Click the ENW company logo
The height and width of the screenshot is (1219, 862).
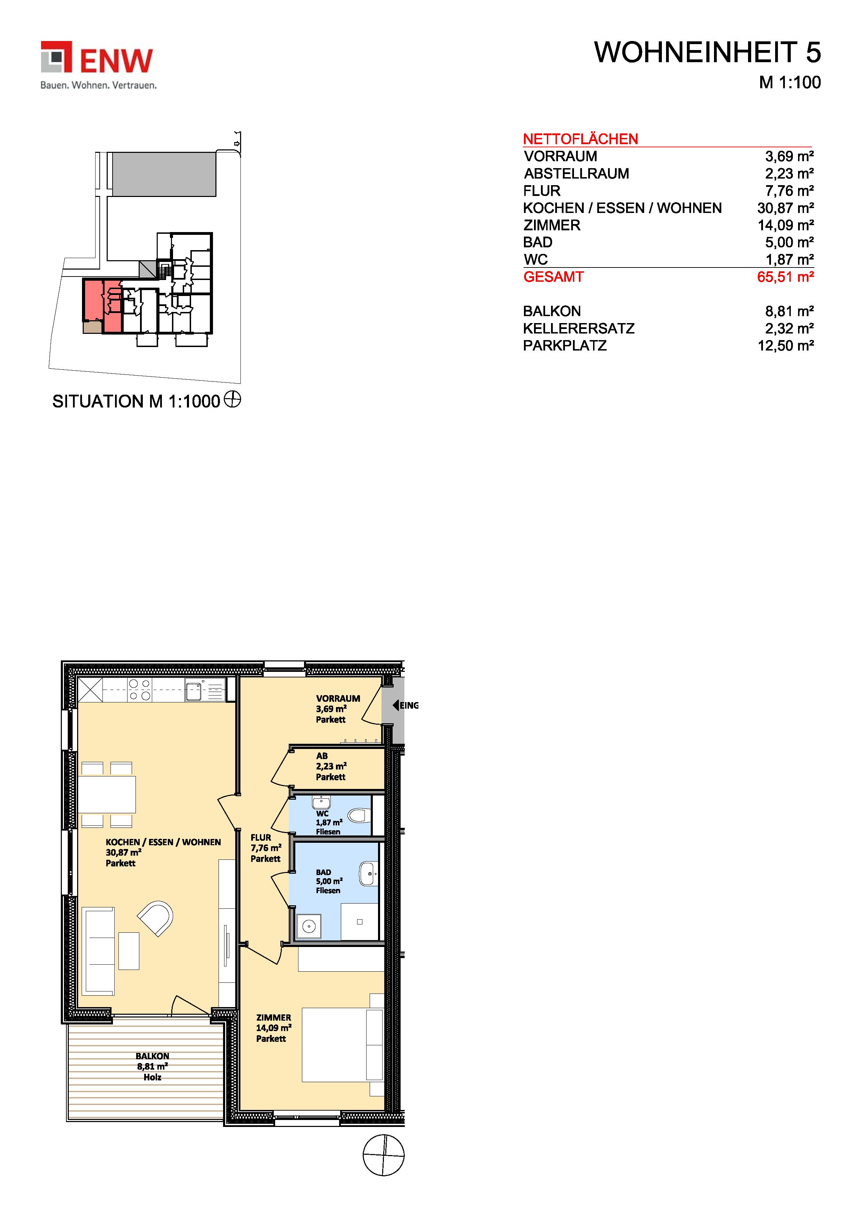pos(98,65)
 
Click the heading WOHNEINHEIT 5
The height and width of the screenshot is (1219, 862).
pos(707,52)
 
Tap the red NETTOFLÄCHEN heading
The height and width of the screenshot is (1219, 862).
pos(581,139)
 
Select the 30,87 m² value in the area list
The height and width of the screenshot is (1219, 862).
pos(786,208)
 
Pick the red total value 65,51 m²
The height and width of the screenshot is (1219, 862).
pos(786,277)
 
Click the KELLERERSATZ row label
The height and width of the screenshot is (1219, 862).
pos(578,329)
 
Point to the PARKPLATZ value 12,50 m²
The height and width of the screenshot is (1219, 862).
pos(786,346)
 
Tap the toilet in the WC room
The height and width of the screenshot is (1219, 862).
pos(359,815)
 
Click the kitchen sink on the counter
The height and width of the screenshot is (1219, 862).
pos(194,691)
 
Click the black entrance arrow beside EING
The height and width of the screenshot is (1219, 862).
pos(396,705)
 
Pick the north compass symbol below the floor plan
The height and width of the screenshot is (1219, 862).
pos(384,1155)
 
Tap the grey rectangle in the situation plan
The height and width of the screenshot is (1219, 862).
pos(164,174)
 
